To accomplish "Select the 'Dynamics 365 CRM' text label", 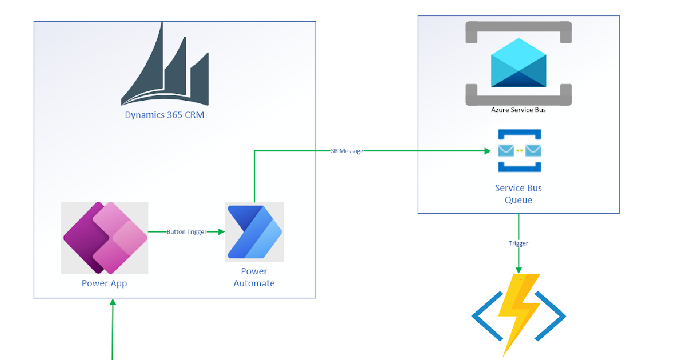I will click(x=165, y=115).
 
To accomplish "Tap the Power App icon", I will click(x=105, y=238).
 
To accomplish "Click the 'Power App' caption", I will click(x=104, y=283).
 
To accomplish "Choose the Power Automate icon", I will click(x=254, y=231).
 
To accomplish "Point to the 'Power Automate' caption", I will click(x=254, y=277).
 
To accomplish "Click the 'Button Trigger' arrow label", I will click(x=186, y=232).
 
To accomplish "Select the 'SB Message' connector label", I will click(x=347, y=151).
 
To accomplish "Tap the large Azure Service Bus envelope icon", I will click(x=519, y=63).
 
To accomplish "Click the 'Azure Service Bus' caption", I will click(x=519, y=110).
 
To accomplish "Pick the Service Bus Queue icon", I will click(x=519, y=151).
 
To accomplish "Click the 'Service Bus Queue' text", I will click(x=519, y=194).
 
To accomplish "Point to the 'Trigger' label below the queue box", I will click(x=519, y=243).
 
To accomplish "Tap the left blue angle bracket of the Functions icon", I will click(x=482, y=316).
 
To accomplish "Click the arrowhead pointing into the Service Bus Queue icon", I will click(x=488, y=151).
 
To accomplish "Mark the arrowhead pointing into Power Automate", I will click(x=221, y=232).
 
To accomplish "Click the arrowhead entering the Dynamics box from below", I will click(x=113, y=302).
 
